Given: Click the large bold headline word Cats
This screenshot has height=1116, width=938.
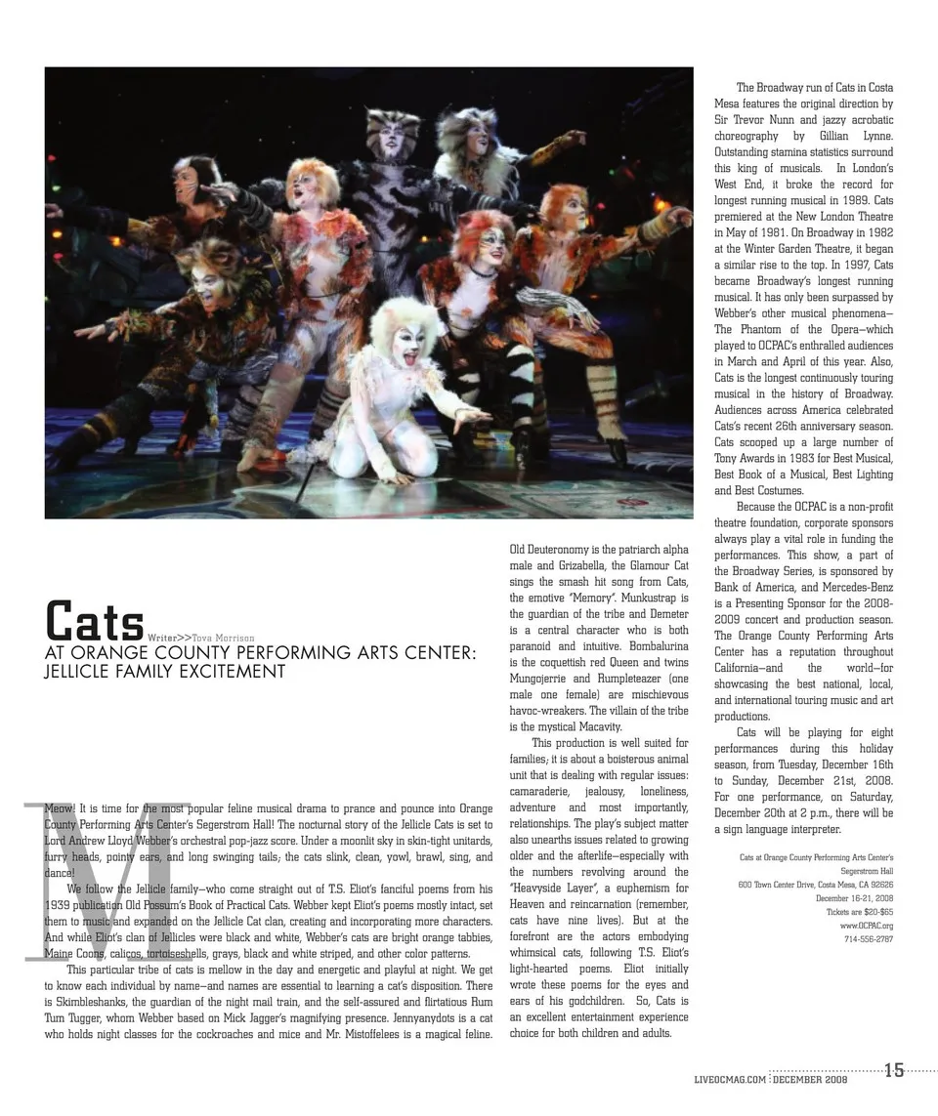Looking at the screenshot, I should [96, 620].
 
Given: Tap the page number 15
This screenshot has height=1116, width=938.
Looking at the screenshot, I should [894, 1070].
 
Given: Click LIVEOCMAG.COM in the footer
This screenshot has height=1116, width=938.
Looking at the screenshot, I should [729, 1079].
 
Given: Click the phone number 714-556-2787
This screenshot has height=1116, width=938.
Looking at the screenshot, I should [868, 939].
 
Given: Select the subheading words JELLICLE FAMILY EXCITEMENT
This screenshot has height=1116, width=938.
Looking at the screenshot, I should [165, 672].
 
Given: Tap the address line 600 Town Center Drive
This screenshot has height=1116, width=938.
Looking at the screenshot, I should [815, 885].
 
